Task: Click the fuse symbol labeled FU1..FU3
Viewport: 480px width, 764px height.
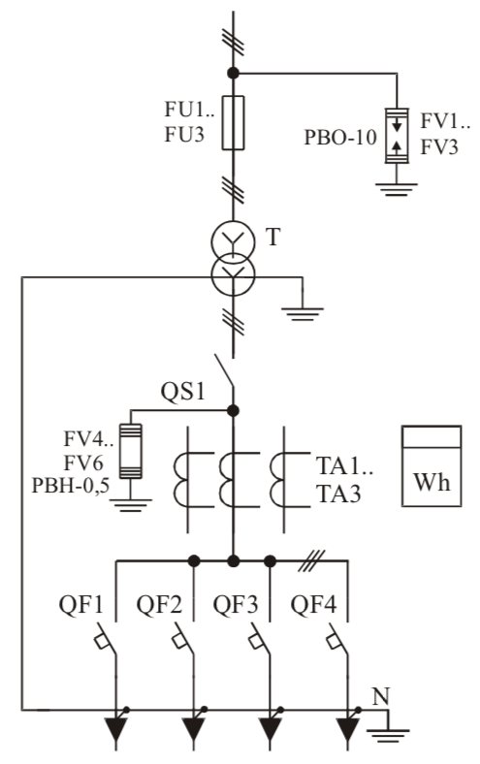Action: pos(233,123)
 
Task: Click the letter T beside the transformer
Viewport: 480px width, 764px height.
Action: pos(273,239)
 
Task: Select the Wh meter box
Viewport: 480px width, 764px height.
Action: pos(432,465)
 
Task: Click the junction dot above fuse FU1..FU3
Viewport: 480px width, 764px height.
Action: pos(233,73)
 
